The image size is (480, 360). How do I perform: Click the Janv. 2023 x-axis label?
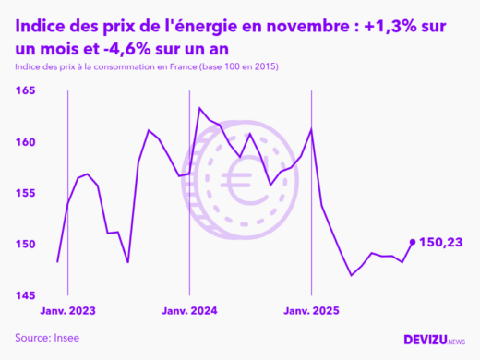[67, 311]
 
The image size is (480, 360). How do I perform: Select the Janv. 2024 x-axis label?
[189, 311]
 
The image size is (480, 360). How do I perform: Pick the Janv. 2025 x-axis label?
[311, 311]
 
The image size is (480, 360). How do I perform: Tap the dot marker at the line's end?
[412, 242]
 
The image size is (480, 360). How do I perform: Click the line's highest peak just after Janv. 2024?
[199, 108]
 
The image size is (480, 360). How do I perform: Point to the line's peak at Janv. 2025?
[311, 129]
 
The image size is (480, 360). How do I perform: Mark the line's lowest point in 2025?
[352, 275]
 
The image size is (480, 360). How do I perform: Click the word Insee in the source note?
[65, 338]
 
